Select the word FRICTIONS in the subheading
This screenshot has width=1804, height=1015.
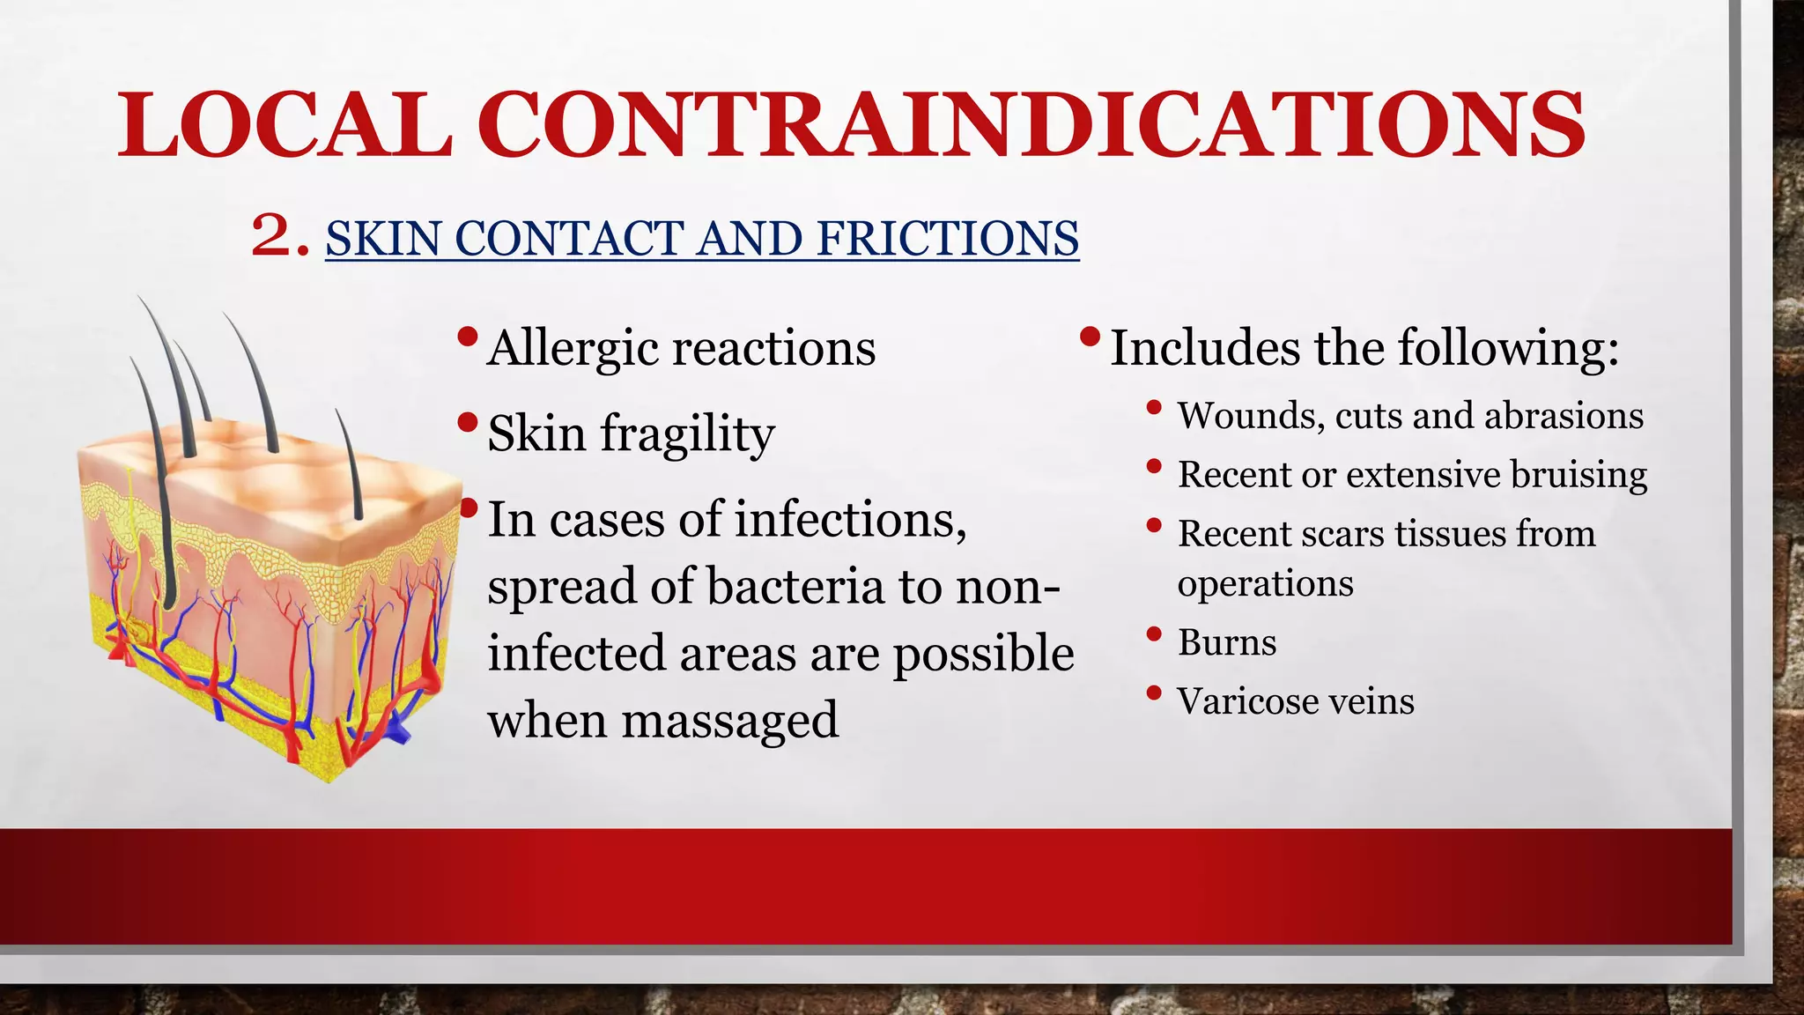point(947,239)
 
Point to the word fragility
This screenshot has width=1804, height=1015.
point(687,435)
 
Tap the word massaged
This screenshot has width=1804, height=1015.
point(729,721)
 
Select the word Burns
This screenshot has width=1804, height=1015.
point(1226,642)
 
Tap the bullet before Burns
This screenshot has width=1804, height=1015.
point(1154,633)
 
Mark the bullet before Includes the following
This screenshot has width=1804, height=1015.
point(1090,337)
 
